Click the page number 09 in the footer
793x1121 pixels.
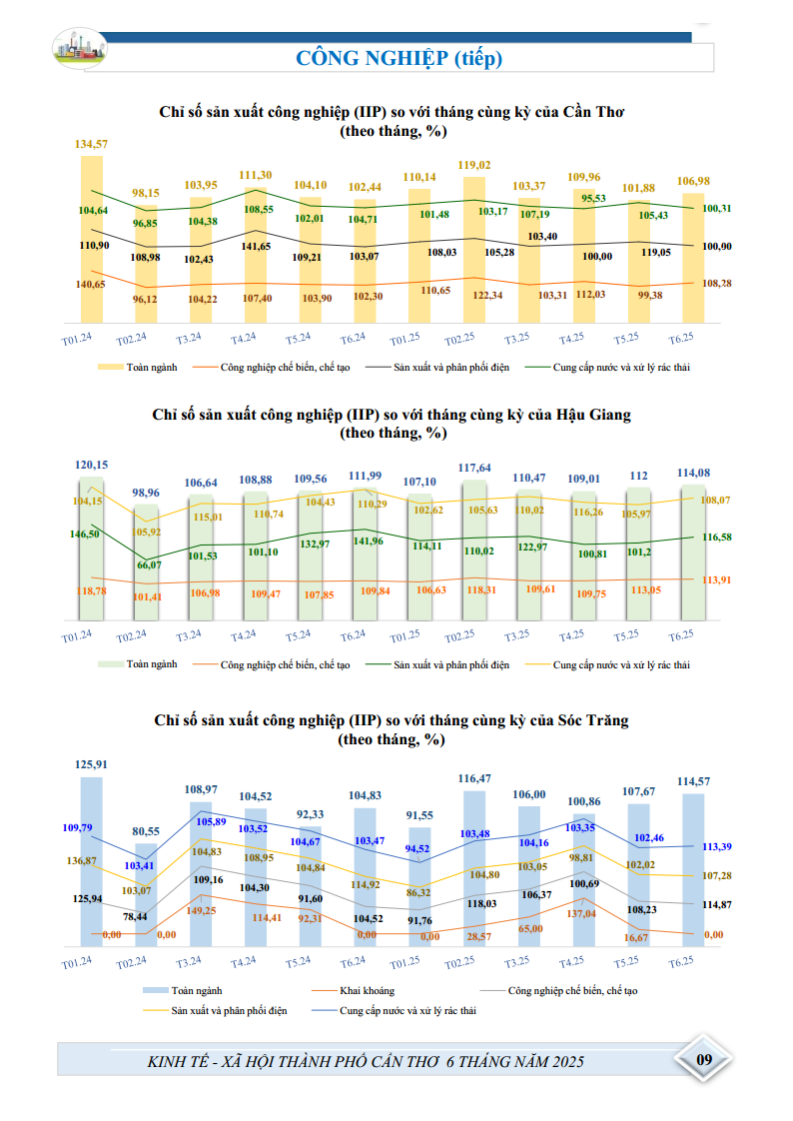tap(704, 1059)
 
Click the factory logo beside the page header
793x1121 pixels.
tap(79, 47)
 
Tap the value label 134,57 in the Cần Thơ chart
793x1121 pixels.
tap(92, 144)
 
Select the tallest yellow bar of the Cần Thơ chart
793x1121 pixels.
tap(92, 239)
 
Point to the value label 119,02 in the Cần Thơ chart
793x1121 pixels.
tap(474, 165)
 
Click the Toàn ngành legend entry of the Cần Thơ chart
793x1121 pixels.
tap(138, 368)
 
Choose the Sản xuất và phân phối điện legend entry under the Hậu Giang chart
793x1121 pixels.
tap(437, 664)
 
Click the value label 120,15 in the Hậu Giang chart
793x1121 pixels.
tap(92, 465)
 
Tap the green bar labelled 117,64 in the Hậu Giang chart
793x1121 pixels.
tap(474, 550)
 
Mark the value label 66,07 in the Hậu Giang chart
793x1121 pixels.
tap(150, 564)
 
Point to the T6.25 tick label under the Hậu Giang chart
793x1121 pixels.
tap(681, 635)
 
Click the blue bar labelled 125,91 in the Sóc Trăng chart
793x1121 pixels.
tap(92, 861)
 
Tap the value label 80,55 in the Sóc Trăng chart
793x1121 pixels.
tap(146, 831)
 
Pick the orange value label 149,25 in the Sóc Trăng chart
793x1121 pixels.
tap(201, 911)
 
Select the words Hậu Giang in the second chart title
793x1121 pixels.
tap(593, 415)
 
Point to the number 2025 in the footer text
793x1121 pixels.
tap(568, 1062)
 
